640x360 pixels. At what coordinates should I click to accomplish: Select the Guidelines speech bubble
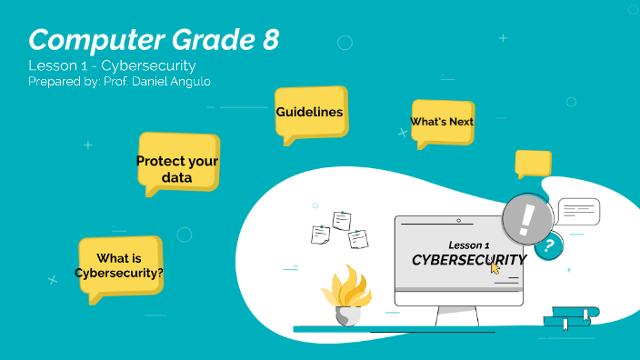(x=310, y=113)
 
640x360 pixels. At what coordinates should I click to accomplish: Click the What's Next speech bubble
(x=442, y=122)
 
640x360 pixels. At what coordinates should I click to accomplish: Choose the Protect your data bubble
(x=177, y=168)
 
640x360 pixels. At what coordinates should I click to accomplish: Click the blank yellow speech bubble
(x=533, y=164)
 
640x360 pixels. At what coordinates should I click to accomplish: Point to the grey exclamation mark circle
(x=527, y=218)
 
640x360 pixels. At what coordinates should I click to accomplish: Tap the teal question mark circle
(x=548, y=245)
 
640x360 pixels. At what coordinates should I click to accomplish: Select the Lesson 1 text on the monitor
(x=469, y=245)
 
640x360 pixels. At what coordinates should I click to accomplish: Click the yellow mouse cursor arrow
(x=495, y=266)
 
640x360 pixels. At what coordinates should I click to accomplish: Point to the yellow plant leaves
(x=346, y=286)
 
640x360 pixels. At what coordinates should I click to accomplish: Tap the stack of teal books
(x=571, y=317)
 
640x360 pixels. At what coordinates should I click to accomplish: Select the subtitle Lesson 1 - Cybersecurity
(x=112, y=66)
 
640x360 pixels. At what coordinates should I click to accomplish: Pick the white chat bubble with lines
(x=578, y=212)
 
